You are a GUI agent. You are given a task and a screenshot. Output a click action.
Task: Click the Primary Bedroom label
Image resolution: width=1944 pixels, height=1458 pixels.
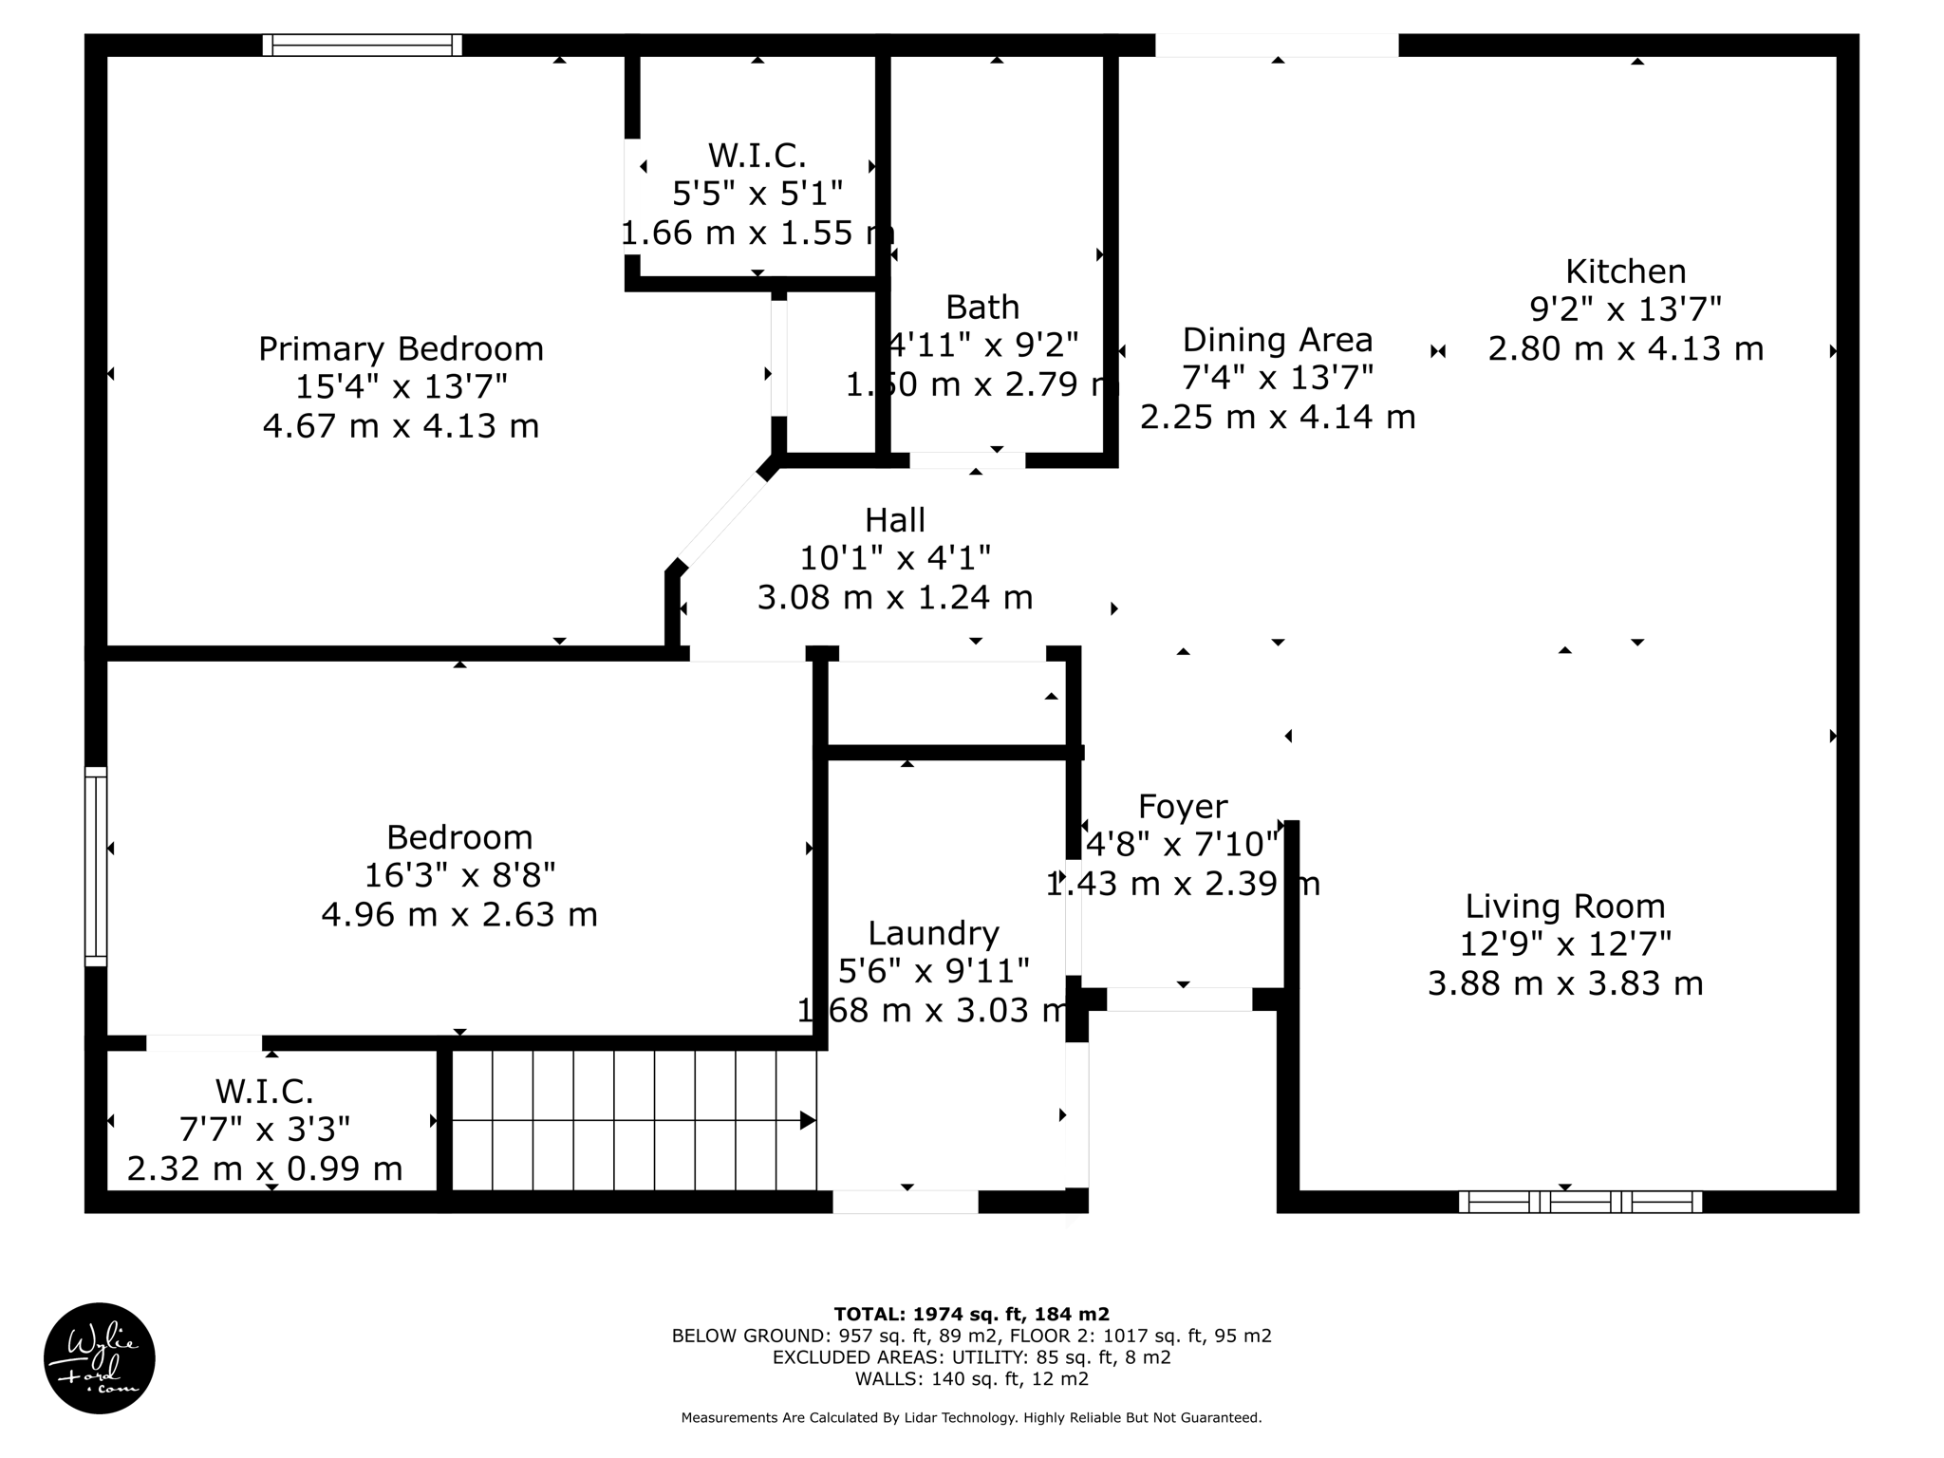pos(401,348)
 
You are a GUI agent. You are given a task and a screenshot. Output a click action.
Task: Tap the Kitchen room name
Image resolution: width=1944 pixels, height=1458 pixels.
pos(1625,271)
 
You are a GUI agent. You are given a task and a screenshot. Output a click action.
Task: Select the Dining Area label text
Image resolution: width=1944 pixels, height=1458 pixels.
pos(1277,340)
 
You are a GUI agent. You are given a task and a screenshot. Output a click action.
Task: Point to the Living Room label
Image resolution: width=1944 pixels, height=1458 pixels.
pos(1564,907)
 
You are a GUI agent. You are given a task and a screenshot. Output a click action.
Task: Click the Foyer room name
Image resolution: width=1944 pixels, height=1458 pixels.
pos(1182,807)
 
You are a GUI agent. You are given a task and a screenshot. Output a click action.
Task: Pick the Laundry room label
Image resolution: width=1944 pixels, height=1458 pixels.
pos(933,933)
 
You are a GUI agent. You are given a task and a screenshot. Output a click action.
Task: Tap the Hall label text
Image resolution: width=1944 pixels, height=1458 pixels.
pos(894,520)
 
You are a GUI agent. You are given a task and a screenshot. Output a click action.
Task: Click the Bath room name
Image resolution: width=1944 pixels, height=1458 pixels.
pos(982,308)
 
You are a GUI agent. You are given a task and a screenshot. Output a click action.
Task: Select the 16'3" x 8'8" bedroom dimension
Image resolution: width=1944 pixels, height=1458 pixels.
pos(459,875)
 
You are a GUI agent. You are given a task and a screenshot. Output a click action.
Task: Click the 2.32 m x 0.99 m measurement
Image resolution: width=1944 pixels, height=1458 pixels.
pos(265,1168)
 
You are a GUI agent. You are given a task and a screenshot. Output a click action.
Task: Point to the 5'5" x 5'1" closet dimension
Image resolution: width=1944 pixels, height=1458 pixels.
pos(757,194)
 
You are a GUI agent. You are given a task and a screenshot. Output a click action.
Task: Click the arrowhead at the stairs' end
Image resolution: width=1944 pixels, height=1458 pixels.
pos(808,1121)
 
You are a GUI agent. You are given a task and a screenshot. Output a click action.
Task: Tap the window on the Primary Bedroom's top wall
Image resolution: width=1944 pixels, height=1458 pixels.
pos(362,45)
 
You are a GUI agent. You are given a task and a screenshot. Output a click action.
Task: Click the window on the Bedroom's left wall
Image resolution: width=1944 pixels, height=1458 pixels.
pos(96,866)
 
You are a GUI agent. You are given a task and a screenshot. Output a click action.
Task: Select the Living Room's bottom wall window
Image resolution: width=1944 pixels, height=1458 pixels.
pos(1579,1202)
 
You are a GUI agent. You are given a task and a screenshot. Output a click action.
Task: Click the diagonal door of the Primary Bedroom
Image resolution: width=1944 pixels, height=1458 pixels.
pos(721,519)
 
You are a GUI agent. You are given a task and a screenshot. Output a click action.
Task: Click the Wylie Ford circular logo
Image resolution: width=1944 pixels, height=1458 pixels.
pos(100,1357)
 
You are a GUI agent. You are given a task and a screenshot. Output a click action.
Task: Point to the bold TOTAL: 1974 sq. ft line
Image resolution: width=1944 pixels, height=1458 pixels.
pos(971,1314)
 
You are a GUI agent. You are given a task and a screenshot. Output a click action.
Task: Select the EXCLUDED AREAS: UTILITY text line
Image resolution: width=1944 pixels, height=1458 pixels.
pos(971,1357)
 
